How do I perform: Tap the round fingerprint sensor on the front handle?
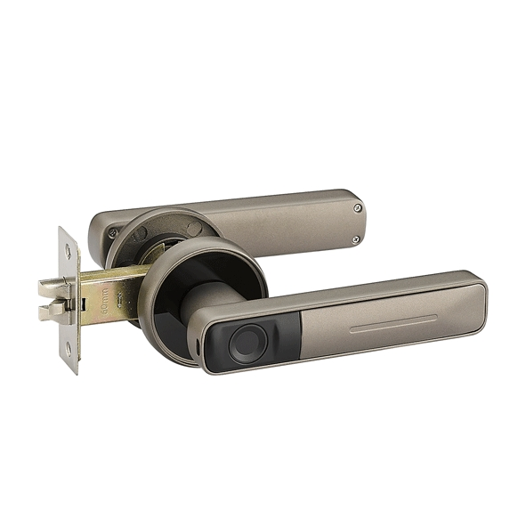point(245,343)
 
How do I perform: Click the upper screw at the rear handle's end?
point(358,207)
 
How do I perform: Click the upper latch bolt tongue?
point(48,287)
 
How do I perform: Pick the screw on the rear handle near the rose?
point(113,233)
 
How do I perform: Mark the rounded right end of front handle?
point(481,298)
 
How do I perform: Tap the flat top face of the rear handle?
point(267,209)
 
